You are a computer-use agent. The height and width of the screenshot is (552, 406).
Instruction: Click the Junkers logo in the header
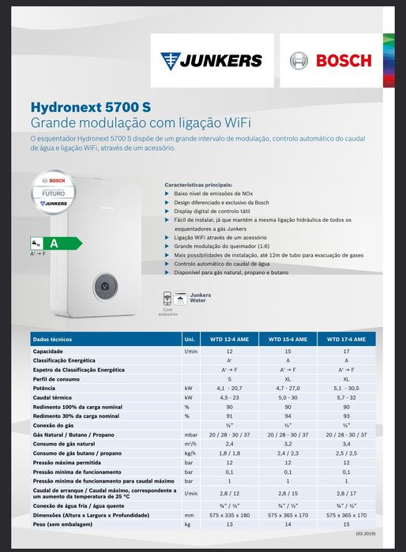click(x=211, y=60)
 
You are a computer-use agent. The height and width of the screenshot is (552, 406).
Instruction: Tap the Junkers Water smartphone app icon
click(x=167, y=299)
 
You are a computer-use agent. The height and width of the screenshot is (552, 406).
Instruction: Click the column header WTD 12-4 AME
click(x=229, y=339)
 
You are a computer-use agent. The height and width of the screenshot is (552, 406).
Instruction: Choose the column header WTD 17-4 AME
click(x=346, y=339)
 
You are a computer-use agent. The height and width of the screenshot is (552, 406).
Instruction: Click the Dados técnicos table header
click(x=52, y=339)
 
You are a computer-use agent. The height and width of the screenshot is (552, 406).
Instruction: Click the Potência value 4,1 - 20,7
click(x=229, y=389)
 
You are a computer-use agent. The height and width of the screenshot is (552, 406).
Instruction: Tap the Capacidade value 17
click(x=346, y=350)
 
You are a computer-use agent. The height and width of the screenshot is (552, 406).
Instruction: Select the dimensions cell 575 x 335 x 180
click(x=229, y=514)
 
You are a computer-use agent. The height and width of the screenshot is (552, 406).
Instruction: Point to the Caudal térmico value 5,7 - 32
click(x=346, y=398)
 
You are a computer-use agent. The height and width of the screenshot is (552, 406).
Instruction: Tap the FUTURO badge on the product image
click(x=55, y=192)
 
